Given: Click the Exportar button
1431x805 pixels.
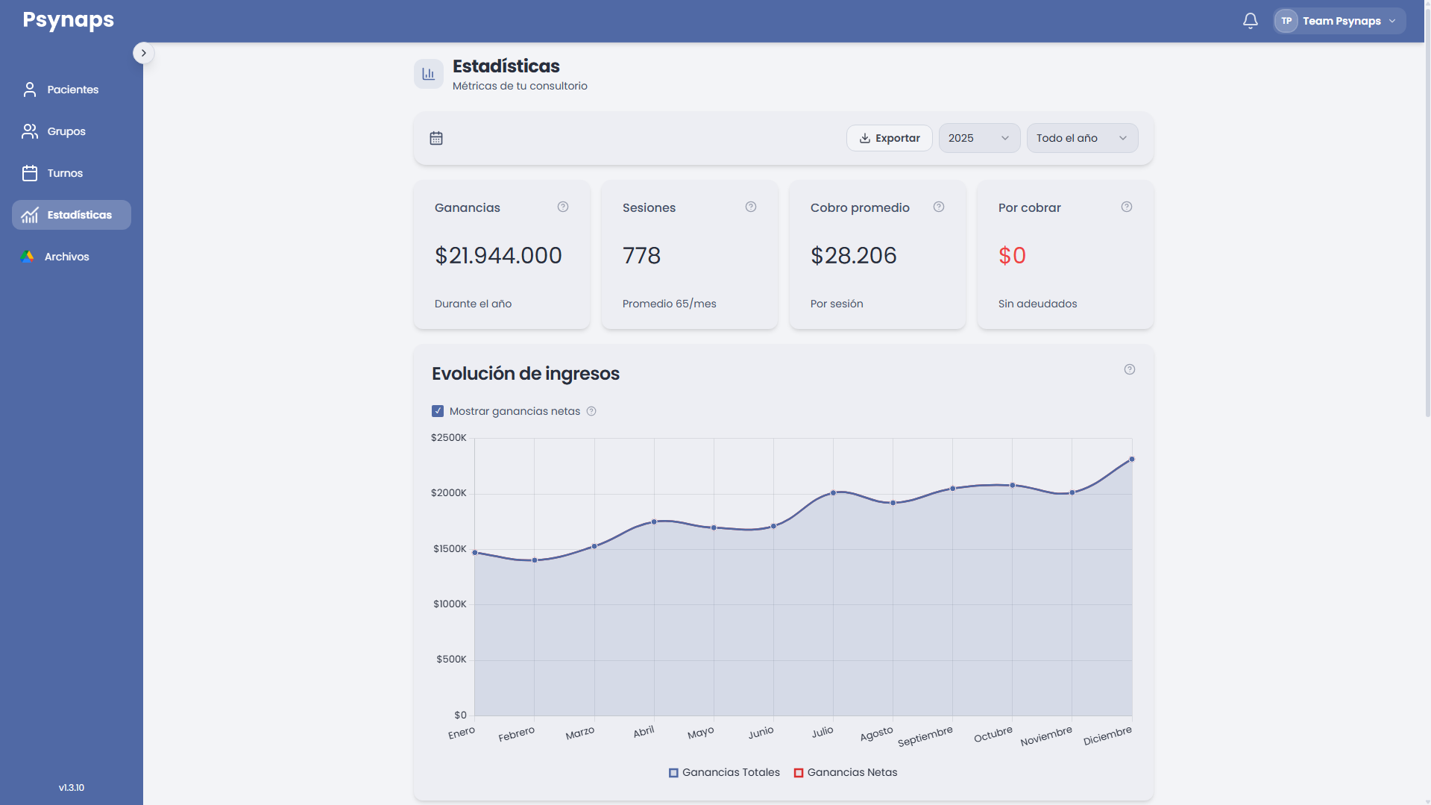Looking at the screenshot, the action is point(889,138).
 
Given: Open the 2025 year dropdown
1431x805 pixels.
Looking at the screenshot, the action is point(979,138).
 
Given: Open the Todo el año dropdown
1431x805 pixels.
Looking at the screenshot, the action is point(1082,138).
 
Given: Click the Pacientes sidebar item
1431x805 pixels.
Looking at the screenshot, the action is point(72,90).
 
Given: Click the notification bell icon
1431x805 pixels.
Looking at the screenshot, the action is point(1251,21).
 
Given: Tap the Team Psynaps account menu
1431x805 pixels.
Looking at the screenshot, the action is point(1339,21).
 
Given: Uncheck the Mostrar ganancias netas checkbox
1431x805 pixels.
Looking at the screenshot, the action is point(438,411).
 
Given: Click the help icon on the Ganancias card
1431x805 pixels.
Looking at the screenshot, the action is point(563,207).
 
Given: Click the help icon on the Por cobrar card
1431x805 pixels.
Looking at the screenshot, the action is point(1127,207).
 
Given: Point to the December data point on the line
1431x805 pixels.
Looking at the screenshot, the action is point(1132,460).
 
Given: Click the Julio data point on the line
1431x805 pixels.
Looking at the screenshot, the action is point(833,492).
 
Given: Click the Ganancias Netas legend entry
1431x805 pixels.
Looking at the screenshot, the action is point(846,772).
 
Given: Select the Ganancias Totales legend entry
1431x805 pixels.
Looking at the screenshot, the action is point(724,772).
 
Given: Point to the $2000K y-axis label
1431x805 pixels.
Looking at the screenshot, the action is point(449,493).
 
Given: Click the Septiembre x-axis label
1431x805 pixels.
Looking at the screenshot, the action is point(925,736).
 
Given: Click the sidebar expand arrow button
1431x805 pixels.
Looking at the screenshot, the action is point(144,53).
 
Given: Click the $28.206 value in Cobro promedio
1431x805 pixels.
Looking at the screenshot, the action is point(854,256).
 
